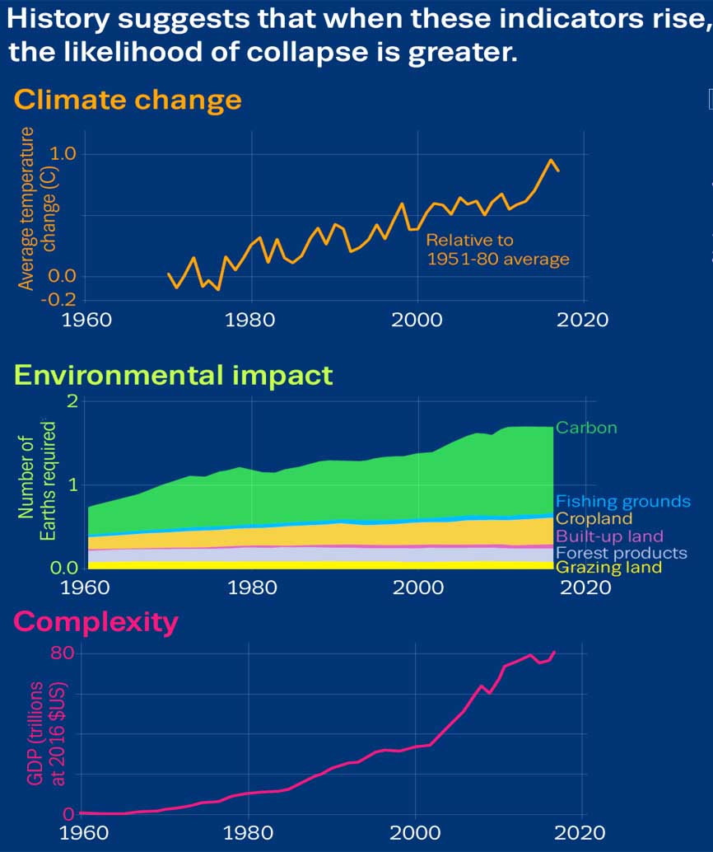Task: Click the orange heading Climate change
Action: tap(128, 100)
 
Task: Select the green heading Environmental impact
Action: tap(174, 375)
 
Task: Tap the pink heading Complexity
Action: tap(96, 621)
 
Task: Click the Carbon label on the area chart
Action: tap(586, 428)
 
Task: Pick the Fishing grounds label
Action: tap(622, 501)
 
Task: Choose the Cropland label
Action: tap(594, 518)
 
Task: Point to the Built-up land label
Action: tap(609, 536)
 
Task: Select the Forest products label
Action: tap(621, 552)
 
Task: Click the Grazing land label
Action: tap(608, 568)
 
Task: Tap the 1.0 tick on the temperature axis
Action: tap(63, 154)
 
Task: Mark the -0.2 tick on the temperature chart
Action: tap(59, 298)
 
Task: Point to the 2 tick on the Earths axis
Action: tap(72, 401)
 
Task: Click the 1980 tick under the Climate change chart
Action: tap(250, 318)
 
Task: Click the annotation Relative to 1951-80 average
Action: tap(497, 250)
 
